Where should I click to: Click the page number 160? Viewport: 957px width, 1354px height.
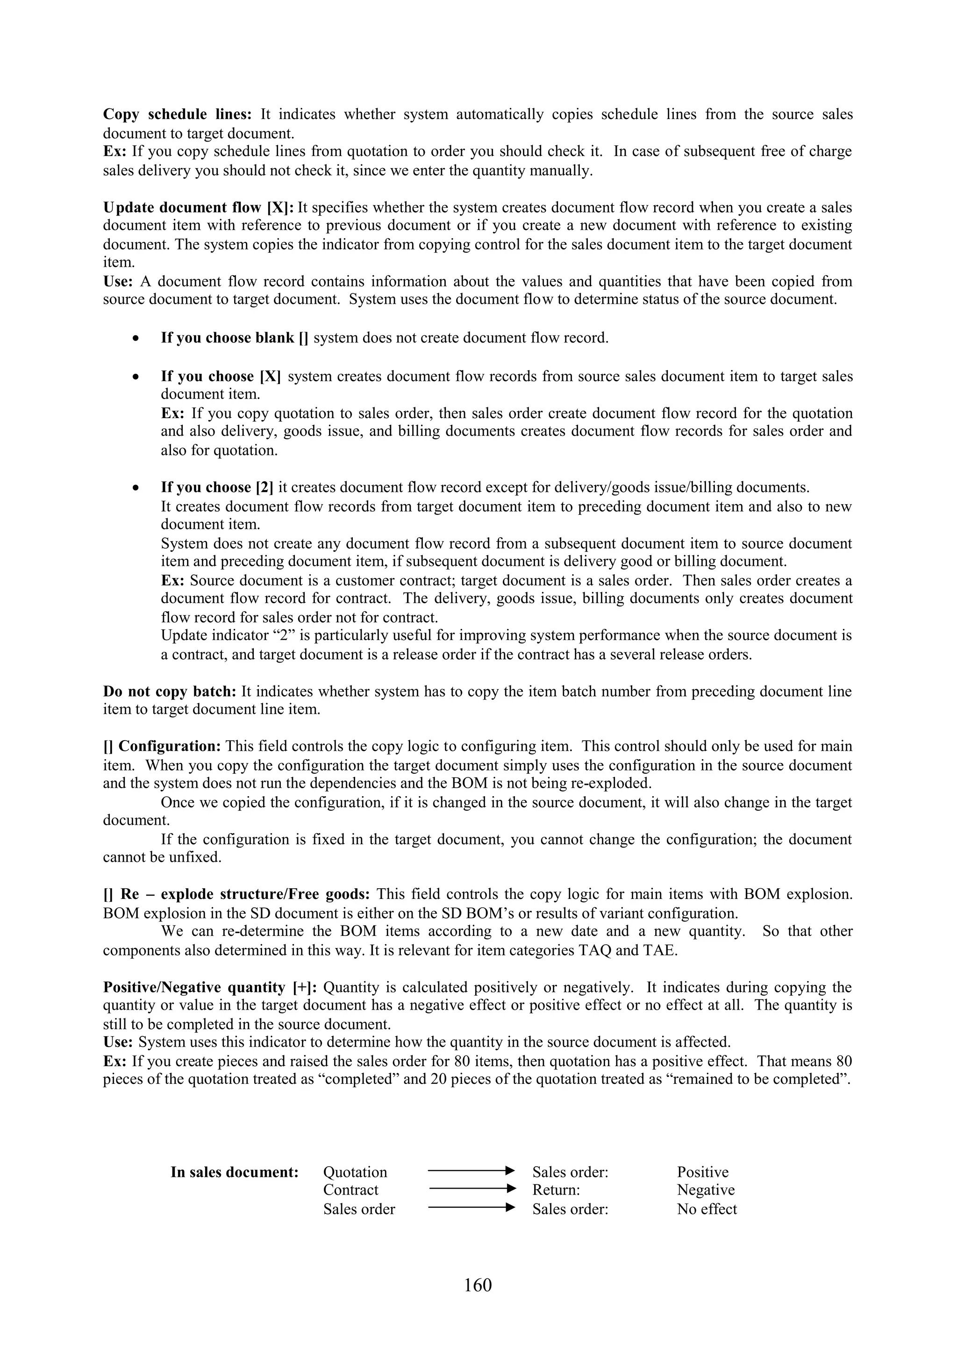[x=478, y=1284]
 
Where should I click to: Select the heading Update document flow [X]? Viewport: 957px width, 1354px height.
[x=198, y=207]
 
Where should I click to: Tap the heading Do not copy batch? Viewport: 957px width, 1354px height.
[x=170, y=691]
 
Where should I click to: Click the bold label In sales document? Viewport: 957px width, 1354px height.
[x=234, y=1172]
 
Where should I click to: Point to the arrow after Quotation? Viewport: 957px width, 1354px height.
[x=471, y=1170]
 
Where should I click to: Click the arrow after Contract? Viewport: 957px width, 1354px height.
[x=471, y=1188]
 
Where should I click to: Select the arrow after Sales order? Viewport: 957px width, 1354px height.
[x=471, y=1207]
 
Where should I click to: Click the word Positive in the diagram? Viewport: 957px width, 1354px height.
[x=702, y=1172]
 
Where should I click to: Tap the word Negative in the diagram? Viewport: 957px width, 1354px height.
[x=705, y=1190]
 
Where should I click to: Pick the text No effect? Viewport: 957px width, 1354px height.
[x=707, y=1209]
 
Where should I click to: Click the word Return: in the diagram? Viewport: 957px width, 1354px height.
[x=556, y=1190]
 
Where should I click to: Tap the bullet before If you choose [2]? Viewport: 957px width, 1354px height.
[x=136, y=488]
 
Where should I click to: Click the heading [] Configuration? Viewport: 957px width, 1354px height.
[x=162, y=746]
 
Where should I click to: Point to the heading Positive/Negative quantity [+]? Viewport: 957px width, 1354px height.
[x=210, y=987]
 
